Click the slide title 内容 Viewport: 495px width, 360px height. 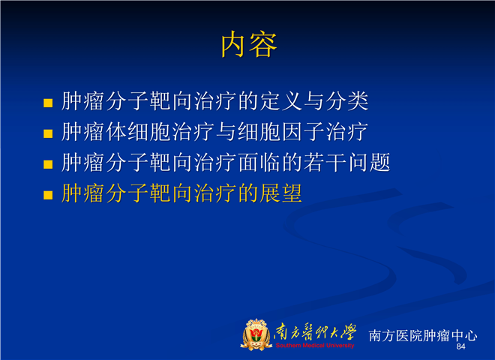pyautogui.click(x=249, y=44)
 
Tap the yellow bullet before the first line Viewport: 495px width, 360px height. pyautogui.click(x=48, y=103)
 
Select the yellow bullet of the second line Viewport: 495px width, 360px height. pyautogui.click(x=48, y=133)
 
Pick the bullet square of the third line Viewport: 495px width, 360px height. pyautogui.click(x=48, y=164)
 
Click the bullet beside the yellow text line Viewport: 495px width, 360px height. pyautogui.click(x=48, y=195)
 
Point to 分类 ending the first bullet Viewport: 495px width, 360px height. pyautogui.click(x=346, y=101)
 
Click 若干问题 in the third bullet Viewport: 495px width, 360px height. pyautogui.click(x=347, y=162)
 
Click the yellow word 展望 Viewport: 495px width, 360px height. pyautogui.click(x=281, y=193)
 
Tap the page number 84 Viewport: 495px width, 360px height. pyautogui.click(x=460, y=346)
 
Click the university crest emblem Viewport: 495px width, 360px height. pyautogui.click(x=256, y=334)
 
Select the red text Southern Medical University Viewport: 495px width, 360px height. pyautogui.click(x=315, y=346)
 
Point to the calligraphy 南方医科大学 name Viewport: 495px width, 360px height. pyautogui.click(x=315, y=332)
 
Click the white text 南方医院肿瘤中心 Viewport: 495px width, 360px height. pyautogui.click(x=423, y=335)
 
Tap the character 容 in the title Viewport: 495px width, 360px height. pyautogui.click(x=263, y=44)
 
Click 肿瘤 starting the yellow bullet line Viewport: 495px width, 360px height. pyautogui.click(x=82, y=193)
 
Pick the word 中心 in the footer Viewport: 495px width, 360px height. pyautogui.click(x=464, y=335)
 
